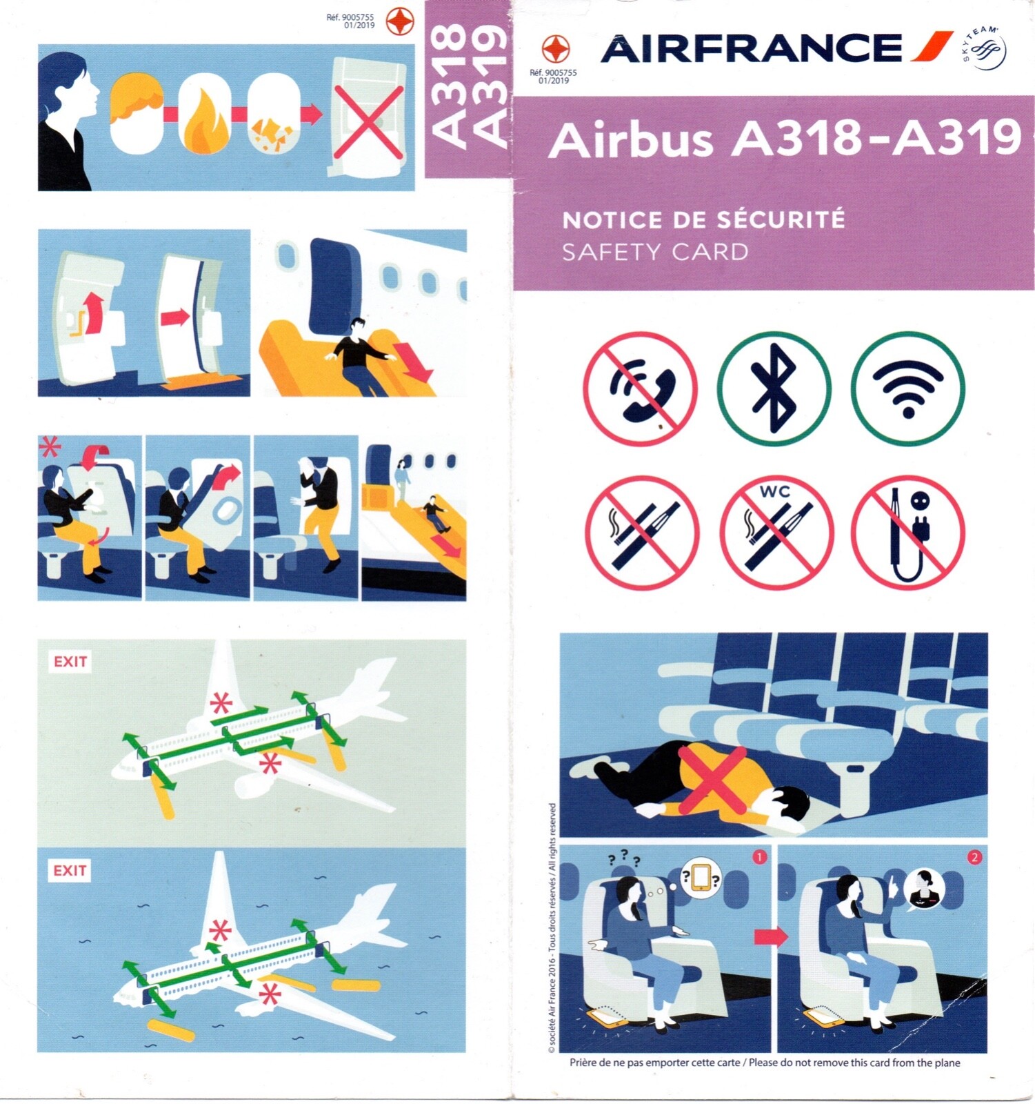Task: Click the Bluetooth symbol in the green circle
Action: coord(774,388)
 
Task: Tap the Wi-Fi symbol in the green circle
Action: coord(907,388)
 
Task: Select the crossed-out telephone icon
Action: coord(640,388)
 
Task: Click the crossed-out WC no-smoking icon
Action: coord(776,532)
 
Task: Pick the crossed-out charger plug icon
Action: coord(907,532)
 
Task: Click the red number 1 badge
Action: coord(758,857)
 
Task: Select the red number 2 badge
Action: coord(974,858)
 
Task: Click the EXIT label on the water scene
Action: coord(70,870)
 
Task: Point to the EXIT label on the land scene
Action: coord(70,662)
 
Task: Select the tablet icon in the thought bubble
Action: coord(701,877)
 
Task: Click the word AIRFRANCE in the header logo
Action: coord(751,48)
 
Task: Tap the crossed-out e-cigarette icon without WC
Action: coord(642,532)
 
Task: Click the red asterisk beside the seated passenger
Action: coord(49,448)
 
